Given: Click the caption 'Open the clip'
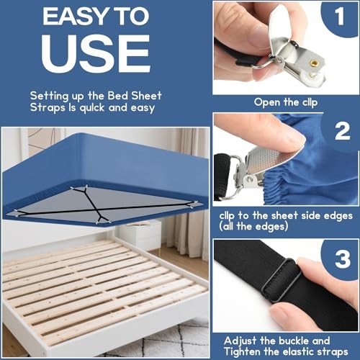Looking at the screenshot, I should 285,102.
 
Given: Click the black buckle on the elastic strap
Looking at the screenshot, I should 282,281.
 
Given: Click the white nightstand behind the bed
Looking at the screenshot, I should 139,234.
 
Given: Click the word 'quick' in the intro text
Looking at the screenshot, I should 92,107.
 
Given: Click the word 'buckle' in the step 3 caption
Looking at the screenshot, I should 295,339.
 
